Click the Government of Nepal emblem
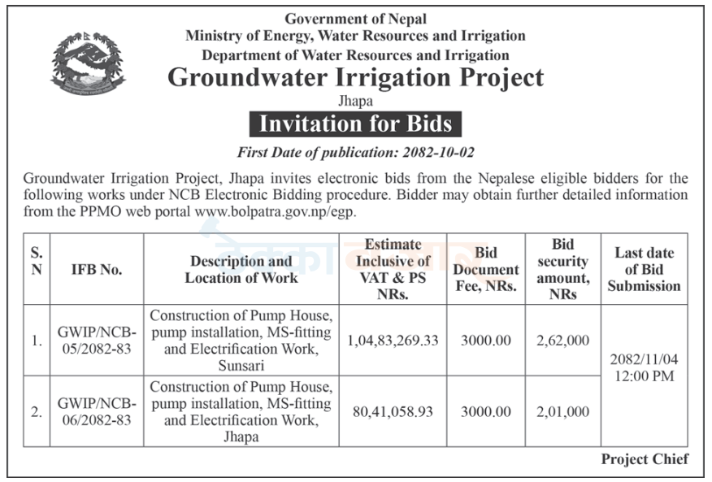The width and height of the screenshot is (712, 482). [x=87, y=63]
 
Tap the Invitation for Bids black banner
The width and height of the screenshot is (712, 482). [x=355, y=124]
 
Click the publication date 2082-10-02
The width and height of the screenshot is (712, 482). [x=438, y=152]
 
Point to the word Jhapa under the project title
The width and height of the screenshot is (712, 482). [x=355, y=101]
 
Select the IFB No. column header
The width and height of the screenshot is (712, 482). [x=97, y=269]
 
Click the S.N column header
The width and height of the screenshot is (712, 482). [x=37, y=261]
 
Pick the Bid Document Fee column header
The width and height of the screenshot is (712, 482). [x=486, y=269]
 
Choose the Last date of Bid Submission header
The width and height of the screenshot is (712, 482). [x=644, y=269]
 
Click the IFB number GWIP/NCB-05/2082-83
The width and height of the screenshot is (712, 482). [x=97, y=341]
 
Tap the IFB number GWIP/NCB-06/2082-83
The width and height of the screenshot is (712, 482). [x=97, y=411]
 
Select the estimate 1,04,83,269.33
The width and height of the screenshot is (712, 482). [x=393, y=341]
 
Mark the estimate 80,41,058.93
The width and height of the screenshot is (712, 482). [x=393, y=412]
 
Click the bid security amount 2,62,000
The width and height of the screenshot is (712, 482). [x=562, y=341]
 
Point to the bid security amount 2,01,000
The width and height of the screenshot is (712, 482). [x=562, y=412]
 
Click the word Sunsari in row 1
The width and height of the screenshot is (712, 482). [x=241, y=365]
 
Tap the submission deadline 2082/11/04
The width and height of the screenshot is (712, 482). [x=644, y=359]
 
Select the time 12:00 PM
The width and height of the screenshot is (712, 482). [x=644, y=376]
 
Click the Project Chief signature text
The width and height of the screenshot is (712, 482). [x=645, y=458]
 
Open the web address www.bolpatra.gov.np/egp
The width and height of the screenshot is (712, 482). [x=276, y=212]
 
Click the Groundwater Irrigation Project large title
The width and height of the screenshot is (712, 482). [x=355, y=77]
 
